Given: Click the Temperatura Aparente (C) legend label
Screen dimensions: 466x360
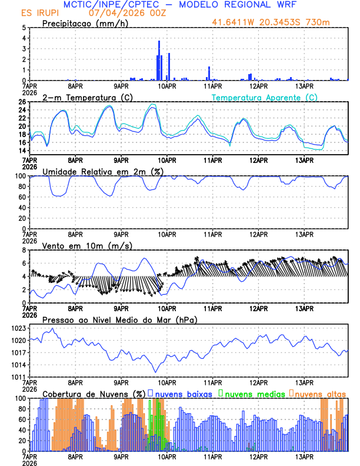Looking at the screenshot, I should tap(264, 97).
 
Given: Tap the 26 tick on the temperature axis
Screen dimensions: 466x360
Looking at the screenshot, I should tap(22, 102).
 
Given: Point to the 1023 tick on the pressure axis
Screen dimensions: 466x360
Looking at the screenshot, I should tap(18, 328).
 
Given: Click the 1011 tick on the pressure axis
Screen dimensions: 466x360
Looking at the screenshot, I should tap(18, 377).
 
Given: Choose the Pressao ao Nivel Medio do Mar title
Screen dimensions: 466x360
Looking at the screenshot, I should tap(119, 319).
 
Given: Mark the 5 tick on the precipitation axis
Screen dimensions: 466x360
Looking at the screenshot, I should tap(23, 28).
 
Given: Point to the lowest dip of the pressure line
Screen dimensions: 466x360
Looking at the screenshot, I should tap(156, 372).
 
